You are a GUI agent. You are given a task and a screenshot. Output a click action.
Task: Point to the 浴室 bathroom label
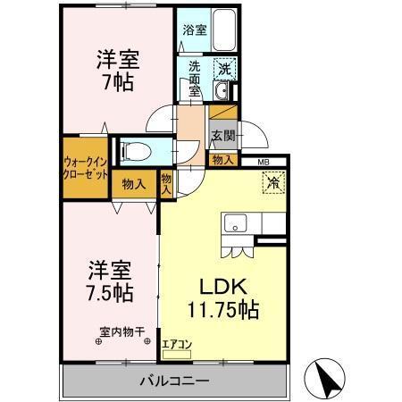(194, 30)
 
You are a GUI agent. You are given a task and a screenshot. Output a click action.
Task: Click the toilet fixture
(134, 150)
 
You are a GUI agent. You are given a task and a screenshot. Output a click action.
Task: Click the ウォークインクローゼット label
(86, 167)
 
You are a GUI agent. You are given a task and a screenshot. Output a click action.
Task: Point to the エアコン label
(176, 343)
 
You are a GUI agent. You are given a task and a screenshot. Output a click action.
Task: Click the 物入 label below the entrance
(222, 160)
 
